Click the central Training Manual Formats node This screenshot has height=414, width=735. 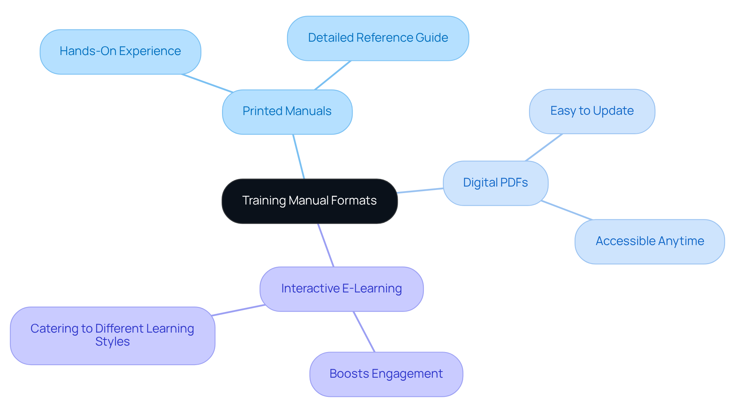(309, 201)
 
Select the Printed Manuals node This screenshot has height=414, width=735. (287, 112)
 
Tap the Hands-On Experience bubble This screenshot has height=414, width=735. (120, 52)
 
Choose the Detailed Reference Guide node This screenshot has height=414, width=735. (378, 38)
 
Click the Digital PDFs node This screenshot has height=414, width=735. (495, 183)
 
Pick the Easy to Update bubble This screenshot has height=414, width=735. (592, 111)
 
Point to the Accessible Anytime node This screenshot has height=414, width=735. (650, 242)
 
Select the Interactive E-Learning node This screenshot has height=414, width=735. (341, 289)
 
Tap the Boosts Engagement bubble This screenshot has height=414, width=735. (386, 374)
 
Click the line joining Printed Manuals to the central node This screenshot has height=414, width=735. (299, 156)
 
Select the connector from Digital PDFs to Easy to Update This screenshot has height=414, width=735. (544, 147)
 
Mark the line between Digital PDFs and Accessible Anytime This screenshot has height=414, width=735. (567, 210)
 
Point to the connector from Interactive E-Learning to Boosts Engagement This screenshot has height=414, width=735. (364, 332)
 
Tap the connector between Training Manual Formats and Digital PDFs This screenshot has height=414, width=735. (420, 190)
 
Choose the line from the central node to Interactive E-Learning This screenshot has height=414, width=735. (326, 245)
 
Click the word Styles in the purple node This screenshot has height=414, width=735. (113, 342)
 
